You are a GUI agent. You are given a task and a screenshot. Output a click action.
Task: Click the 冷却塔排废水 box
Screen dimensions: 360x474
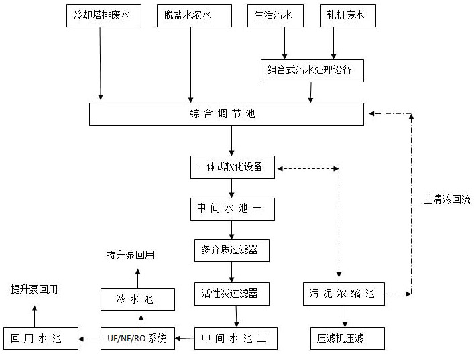[103, 15]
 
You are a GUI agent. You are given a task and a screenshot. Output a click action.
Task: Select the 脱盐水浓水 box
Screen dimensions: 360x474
[188, 15]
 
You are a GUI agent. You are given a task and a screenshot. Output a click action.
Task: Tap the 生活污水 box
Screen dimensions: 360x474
[276, 15]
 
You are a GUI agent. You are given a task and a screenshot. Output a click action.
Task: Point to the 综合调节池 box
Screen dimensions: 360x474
[227, 114]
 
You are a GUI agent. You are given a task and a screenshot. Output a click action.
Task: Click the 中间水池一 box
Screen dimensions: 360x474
[232, 209]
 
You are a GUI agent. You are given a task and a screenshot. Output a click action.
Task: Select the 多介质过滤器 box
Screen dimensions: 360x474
[232, 251]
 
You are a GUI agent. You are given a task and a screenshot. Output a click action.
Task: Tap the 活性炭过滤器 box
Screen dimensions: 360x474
[232, 293]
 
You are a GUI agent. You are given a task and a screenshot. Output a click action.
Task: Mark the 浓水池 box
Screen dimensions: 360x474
[137, 299]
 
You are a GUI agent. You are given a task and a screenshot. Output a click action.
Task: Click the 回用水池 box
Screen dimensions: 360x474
[40, 339]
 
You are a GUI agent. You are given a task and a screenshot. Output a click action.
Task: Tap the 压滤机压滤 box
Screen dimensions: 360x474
[346, 339]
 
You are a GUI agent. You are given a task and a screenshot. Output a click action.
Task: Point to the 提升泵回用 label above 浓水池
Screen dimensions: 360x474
[131, 255]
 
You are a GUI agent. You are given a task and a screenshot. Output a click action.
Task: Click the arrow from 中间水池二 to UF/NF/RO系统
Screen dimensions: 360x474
[185, 339]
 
